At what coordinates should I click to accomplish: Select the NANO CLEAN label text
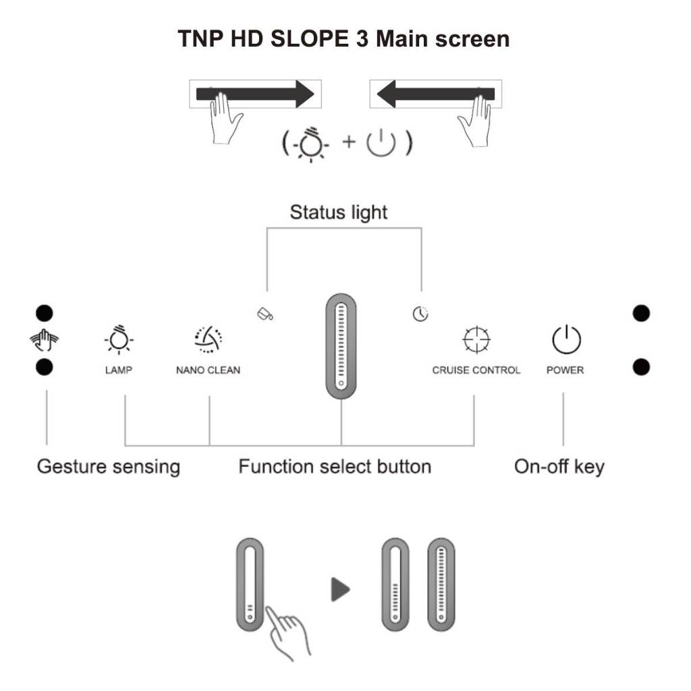208,370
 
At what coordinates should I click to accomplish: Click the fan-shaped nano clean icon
208,339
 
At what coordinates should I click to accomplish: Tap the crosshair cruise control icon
476,339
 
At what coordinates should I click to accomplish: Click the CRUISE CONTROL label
476,370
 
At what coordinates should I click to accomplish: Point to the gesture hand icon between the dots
44,340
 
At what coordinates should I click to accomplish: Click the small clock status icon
420,314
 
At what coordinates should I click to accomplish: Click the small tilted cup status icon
265,314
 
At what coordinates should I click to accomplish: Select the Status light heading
339,212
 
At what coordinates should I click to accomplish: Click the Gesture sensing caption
108,466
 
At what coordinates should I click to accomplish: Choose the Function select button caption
335,466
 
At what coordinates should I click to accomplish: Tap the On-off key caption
559,466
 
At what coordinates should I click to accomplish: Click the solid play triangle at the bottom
340,590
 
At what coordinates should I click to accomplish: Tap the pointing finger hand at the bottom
287,631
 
